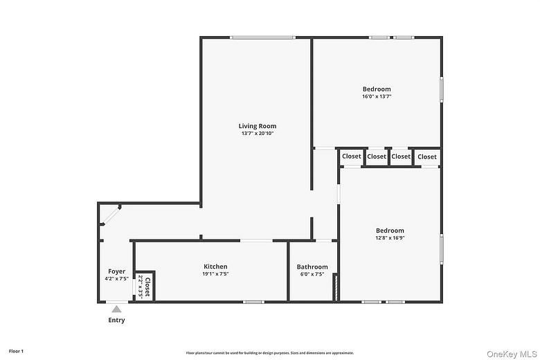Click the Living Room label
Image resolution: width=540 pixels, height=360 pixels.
258,126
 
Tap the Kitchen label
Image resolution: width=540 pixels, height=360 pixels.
215,267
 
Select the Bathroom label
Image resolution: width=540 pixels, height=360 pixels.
312,267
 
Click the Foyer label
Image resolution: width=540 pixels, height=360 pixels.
116,271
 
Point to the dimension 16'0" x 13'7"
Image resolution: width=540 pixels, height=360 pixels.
377,96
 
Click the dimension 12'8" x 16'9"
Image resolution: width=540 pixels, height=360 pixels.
390,238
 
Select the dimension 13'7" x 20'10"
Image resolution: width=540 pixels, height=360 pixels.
258,134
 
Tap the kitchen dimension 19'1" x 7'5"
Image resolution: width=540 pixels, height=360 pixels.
215,274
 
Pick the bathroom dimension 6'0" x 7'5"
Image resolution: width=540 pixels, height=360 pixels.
312,274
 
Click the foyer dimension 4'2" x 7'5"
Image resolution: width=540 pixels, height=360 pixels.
116,278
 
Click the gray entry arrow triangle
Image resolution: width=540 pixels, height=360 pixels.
116,309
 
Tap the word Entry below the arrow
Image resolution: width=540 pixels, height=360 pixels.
116,321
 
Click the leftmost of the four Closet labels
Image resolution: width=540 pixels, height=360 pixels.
352,156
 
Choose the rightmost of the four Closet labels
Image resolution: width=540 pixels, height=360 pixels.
427,156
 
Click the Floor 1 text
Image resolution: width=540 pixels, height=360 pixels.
16,352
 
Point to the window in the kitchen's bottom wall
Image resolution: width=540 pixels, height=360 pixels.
253,301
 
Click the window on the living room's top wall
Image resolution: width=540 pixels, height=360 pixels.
263,37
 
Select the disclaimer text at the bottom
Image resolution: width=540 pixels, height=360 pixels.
270,352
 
